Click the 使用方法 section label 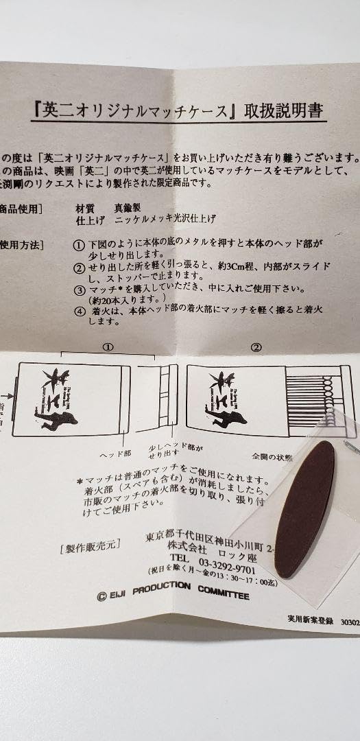(21, 244)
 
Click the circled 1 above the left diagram (107, 347)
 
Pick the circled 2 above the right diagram (256, 347)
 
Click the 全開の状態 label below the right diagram (271, 454)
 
